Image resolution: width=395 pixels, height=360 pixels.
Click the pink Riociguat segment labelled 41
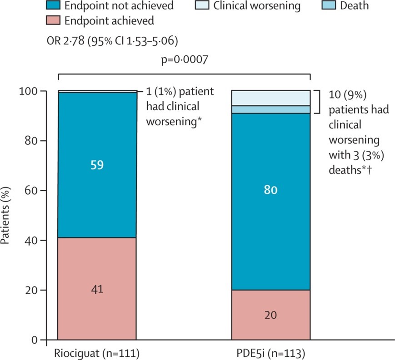[97, 289]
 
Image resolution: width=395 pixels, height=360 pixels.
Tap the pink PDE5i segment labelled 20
[270, 315]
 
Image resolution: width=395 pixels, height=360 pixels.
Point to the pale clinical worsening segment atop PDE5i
[270, 98]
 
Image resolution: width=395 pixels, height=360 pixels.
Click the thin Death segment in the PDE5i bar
[270, 109]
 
